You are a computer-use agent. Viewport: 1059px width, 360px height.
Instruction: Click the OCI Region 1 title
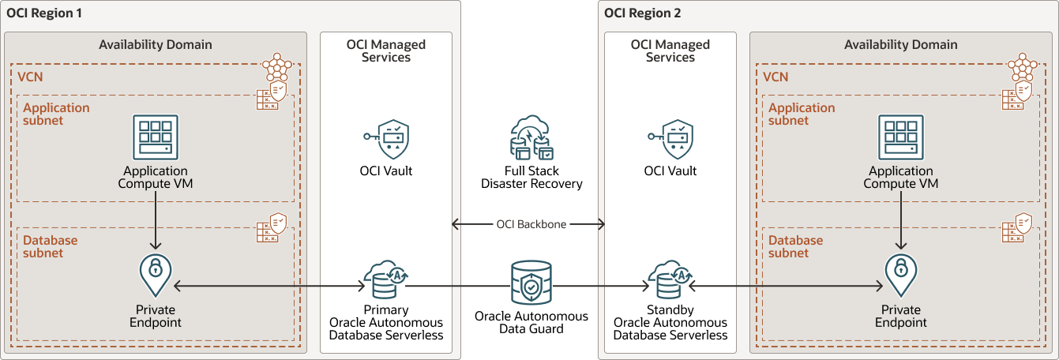click(x=44, y=13)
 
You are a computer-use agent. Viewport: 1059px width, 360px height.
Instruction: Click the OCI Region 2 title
click(x=642, y=13)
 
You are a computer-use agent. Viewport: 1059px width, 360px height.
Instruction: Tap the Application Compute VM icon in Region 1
click(x=156, y=138)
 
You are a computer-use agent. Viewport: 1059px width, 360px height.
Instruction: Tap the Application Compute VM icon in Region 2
click(x=901, y=138)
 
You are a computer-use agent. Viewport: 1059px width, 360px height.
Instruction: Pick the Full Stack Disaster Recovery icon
click(x=531, y=139)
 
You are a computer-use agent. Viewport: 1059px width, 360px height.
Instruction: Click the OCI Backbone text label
click(x=531, y=225)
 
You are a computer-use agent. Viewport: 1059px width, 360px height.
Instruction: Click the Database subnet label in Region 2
click(x=796, y=246)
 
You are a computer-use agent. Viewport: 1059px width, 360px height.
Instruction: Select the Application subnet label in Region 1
click(x=56, y=114)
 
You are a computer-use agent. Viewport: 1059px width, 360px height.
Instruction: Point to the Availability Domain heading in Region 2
click(x=900, y=45)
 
